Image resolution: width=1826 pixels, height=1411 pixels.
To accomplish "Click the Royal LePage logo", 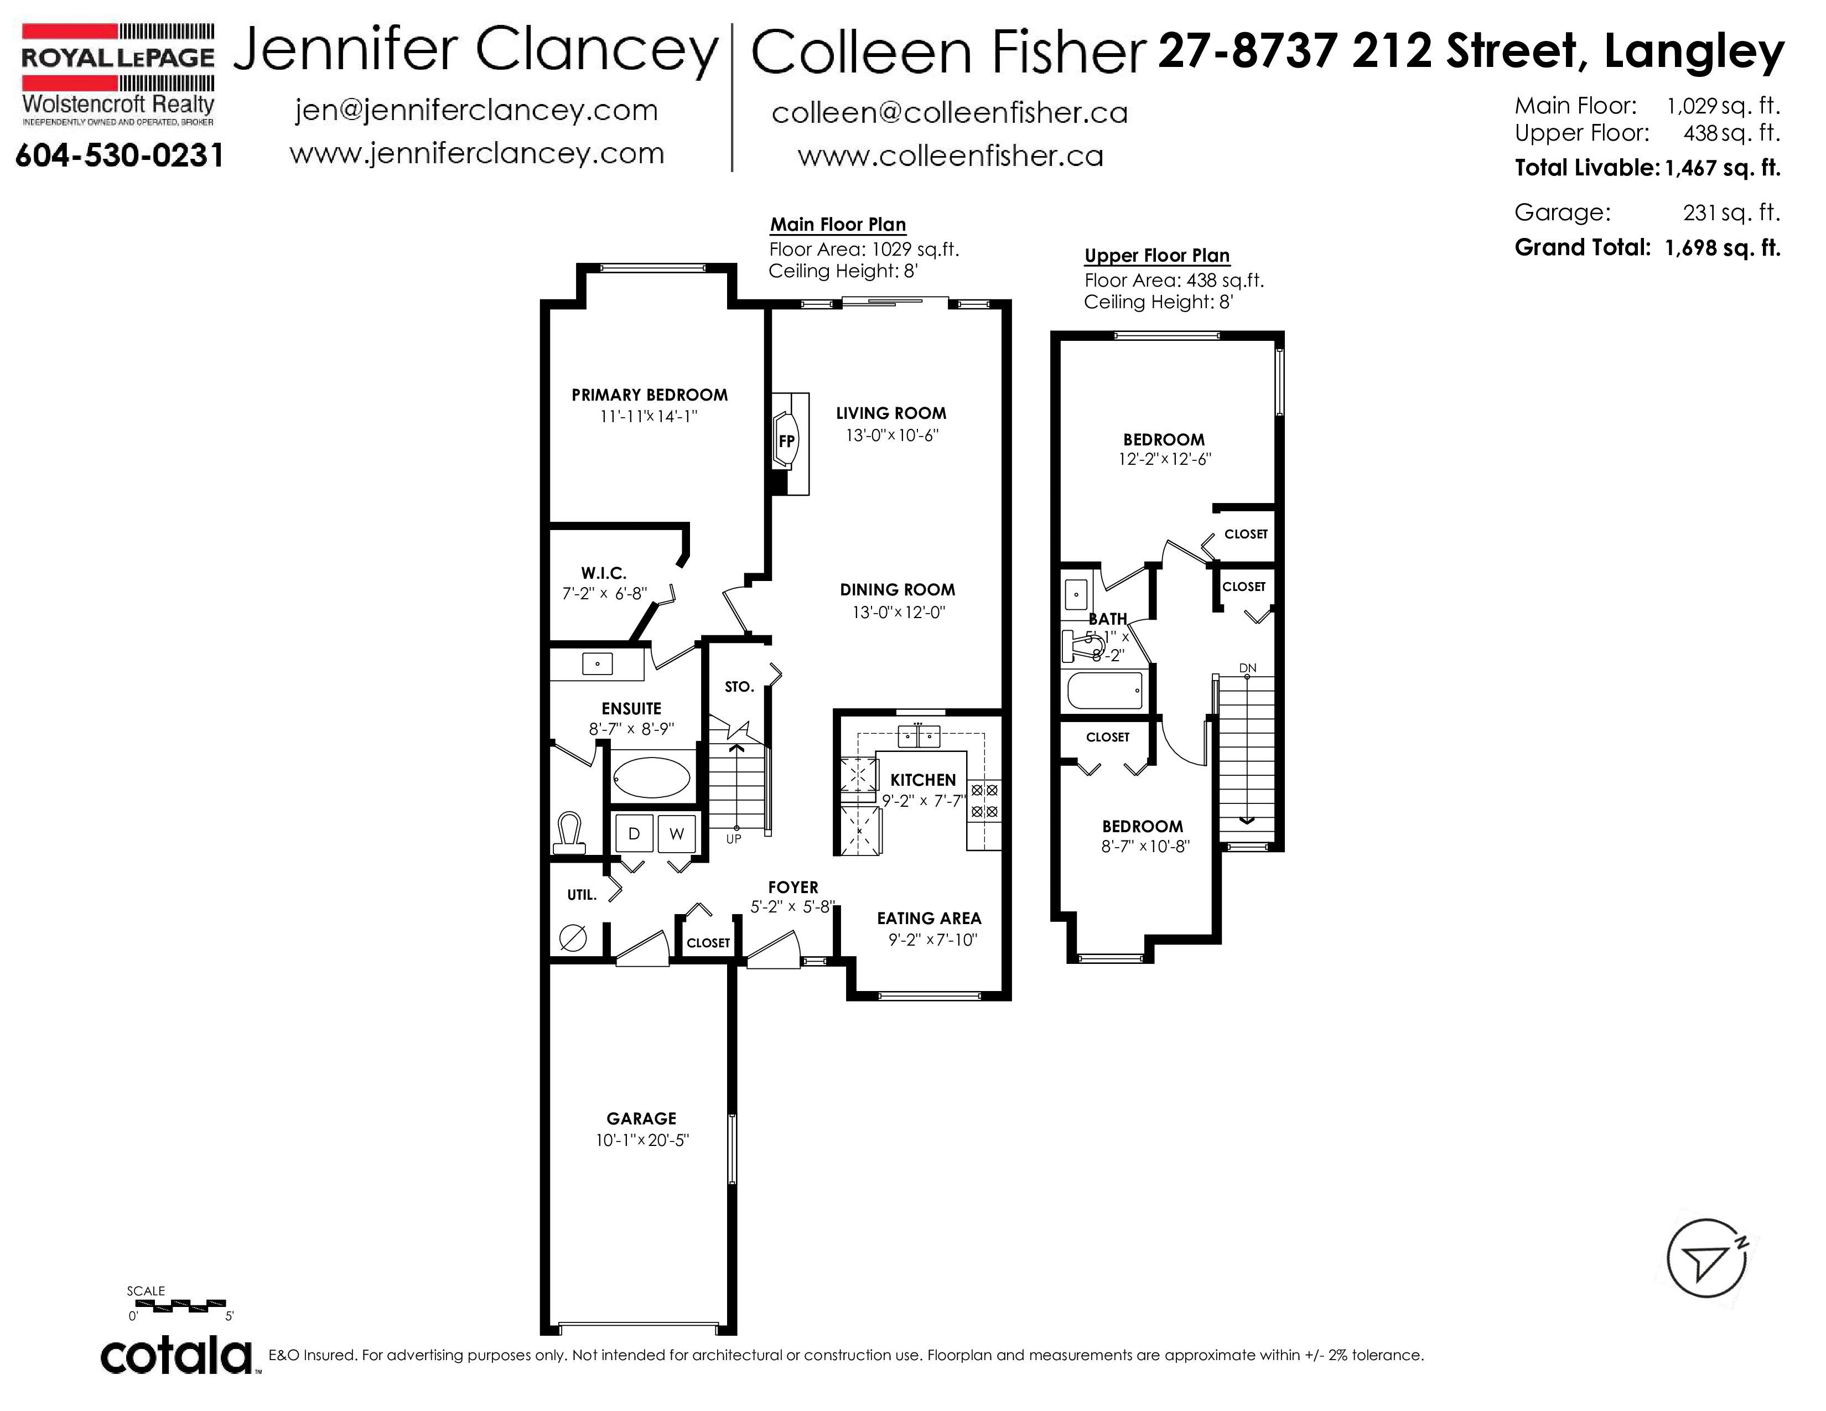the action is [x=118, y=74].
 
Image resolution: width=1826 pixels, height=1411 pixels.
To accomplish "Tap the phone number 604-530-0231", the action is [x=120, y=155].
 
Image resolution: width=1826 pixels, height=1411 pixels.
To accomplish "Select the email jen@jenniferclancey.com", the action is [x=476, y=110].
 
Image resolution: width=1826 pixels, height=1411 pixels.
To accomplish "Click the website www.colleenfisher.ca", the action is [x=951, y=155].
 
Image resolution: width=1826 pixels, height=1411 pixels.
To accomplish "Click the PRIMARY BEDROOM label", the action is [x=650, y=395].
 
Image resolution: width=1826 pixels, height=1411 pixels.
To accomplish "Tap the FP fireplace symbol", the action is [x=787, y=440].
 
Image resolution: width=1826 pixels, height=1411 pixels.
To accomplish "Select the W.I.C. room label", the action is [x=604, y=573].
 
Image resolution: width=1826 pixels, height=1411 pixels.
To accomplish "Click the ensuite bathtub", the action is [x=652, y=779].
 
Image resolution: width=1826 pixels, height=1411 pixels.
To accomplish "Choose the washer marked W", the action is [x=676, y=833].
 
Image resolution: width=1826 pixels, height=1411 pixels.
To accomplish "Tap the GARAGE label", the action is [x=641, y=1118].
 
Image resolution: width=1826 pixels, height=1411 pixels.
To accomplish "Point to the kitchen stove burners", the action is [x=984, y=800].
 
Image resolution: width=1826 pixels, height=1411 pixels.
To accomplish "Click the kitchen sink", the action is [x=918, y=735].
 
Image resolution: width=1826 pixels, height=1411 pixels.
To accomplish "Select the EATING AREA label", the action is [x=929, y=918].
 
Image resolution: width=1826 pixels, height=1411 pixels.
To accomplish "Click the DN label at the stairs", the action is [x=1247, y=668].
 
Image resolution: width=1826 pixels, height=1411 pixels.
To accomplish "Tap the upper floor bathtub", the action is [x=1104, y=691].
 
